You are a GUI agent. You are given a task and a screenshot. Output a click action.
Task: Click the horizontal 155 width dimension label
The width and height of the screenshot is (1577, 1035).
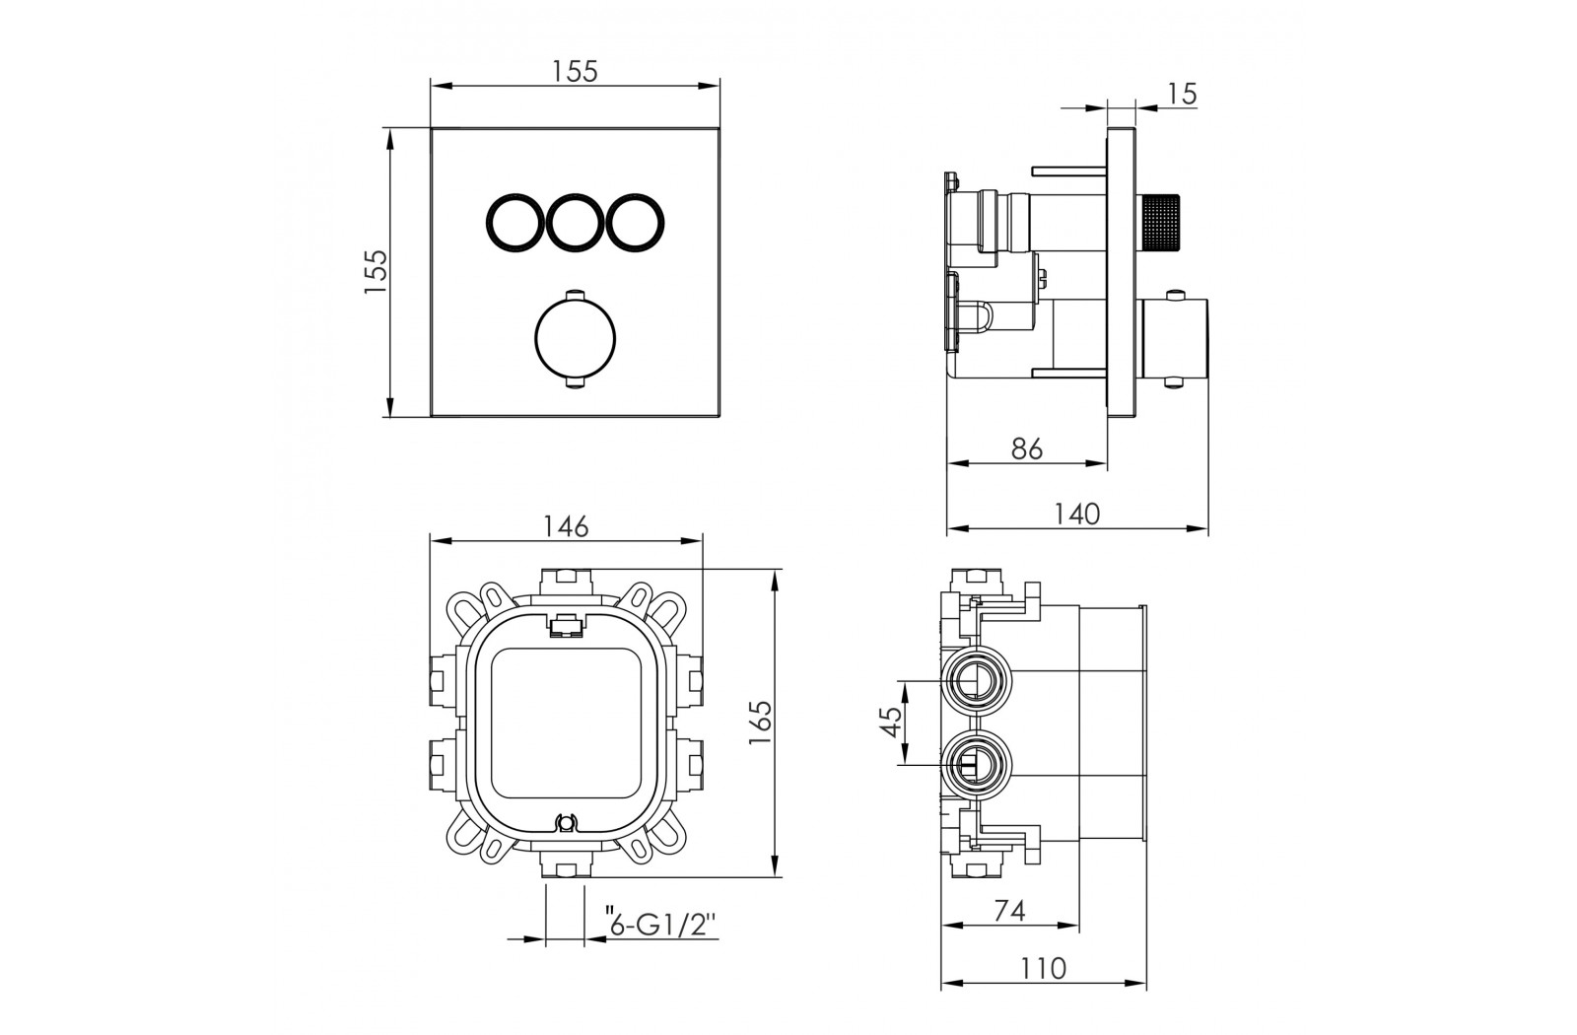coord(575,71)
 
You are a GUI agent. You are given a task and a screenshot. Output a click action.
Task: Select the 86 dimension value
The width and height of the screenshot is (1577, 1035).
coord(1026,448)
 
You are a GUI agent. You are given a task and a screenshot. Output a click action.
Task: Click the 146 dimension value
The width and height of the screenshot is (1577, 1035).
coord(566,526)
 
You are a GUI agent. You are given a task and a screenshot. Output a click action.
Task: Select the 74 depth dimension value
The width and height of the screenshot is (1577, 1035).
coord(1009,911)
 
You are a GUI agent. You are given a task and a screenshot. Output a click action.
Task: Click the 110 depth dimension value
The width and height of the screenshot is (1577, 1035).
coord(1044,969)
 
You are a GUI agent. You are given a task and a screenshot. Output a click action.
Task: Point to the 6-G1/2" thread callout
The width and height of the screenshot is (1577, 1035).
coord(659,923)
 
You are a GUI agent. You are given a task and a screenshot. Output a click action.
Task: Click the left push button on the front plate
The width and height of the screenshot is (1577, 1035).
coord(514,222)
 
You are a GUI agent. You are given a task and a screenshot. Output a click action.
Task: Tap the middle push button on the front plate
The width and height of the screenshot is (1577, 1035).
coord(575,222)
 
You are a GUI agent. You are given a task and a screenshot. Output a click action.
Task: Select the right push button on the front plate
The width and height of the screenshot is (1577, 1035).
coord(636,222)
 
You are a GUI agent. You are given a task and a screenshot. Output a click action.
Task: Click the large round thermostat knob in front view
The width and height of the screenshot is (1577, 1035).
coord(576,339)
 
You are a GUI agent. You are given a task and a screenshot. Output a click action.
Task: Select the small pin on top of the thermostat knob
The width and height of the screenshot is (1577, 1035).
coord(576,294)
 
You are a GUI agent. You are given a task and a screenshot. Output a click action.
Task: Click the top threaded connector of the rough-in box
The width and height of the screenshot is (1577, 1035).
coord(567,582)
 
